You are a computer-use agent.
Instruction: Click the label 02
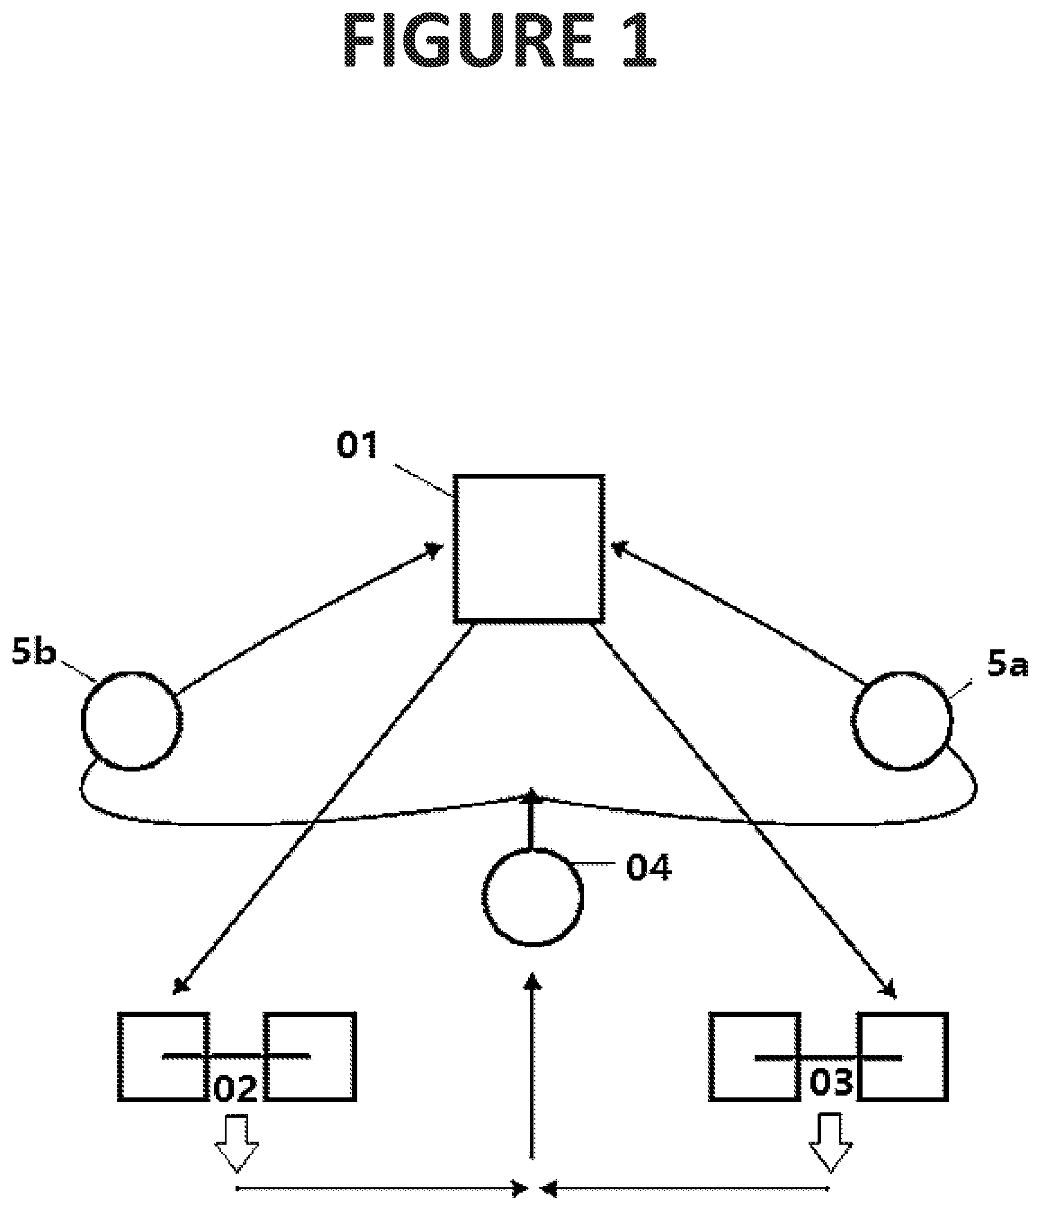(x=236, y=1090)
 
